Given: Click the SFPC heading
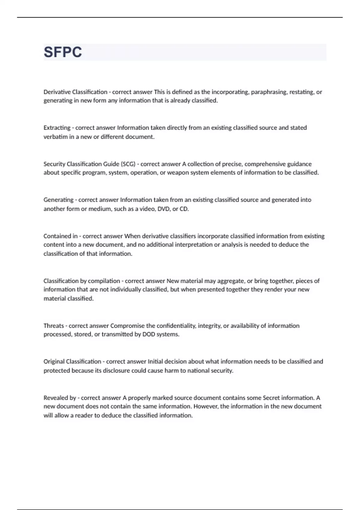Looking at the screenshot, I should tap(63, 52).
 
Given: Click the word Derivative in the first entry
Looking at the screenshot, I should tap(57, 92).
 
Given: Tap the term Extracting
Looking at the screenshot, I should tap(57, 128).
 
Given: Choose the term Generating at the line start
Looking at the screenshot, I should tap(58, 200).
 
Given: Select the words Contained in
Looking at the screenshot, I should tap(61, 236).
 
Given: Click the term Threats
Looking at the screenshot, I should tap(54, 326).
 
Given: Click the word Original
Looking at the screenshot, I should tap(54, 361).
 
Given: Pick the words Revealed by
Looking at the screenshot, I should tap(60, 398).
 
